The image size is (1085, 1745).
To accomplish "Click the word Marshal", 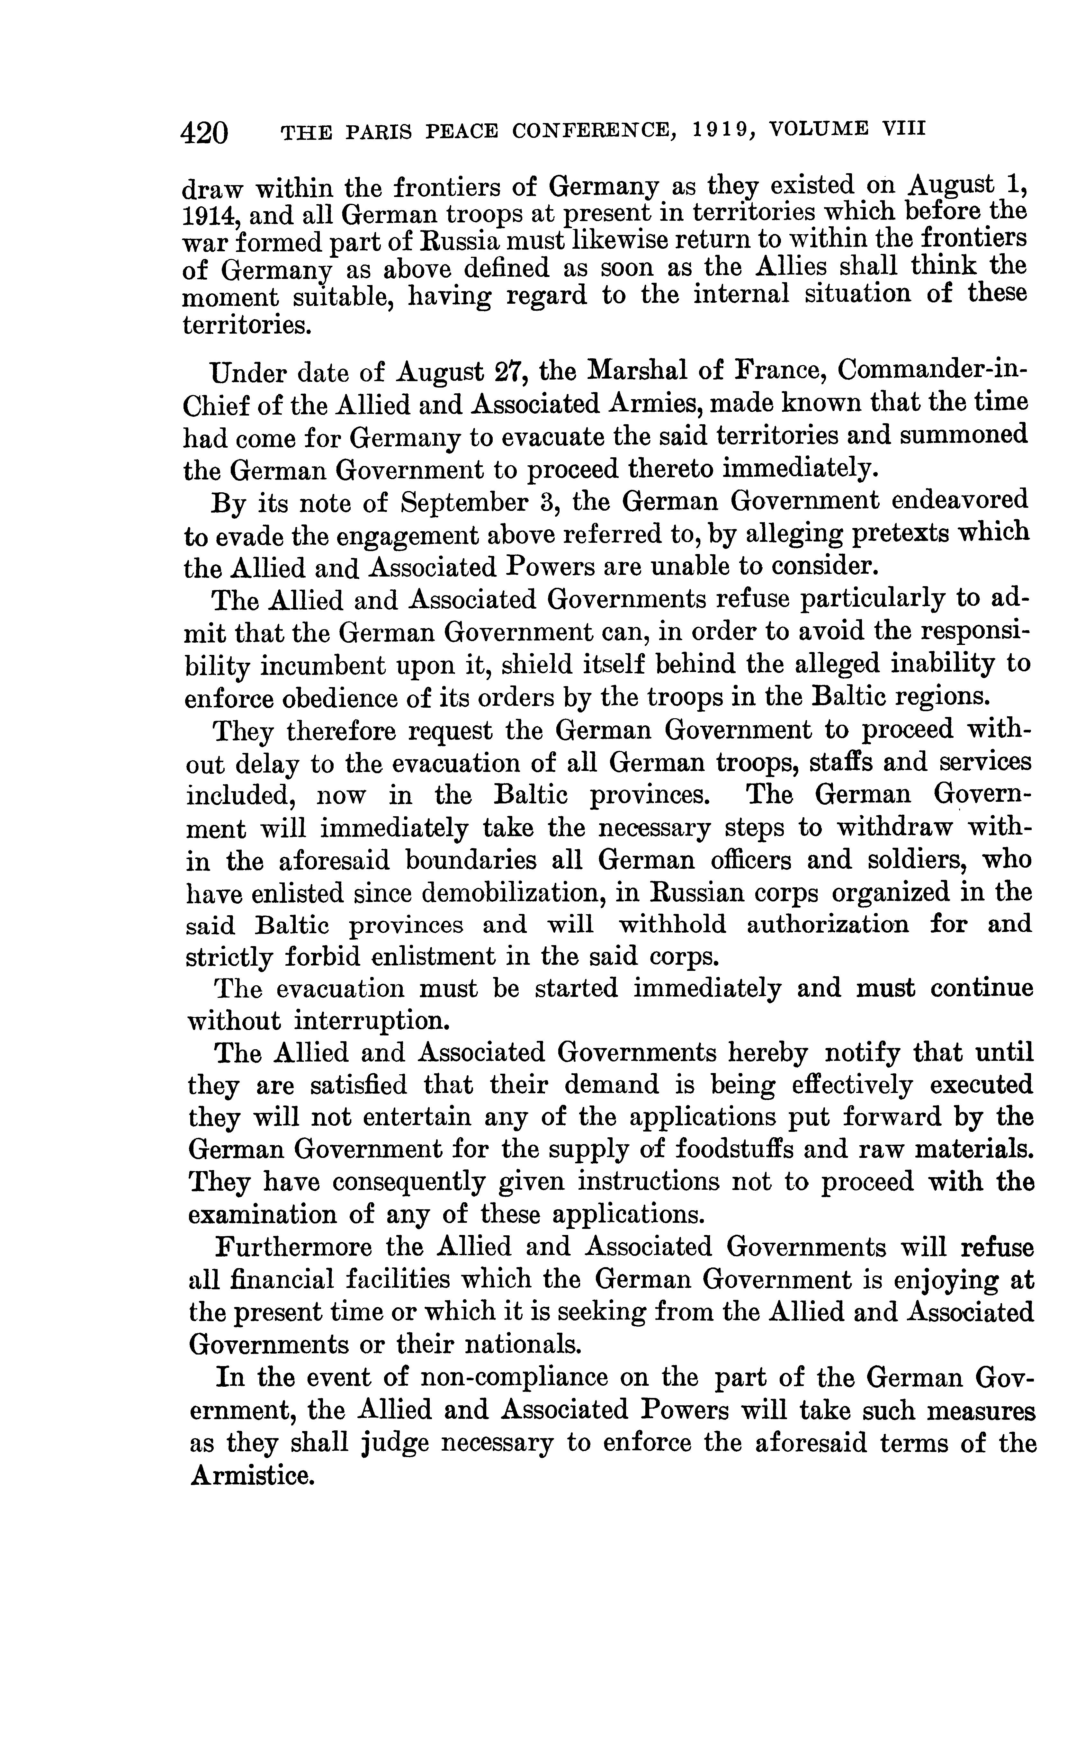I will point(635,372).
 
